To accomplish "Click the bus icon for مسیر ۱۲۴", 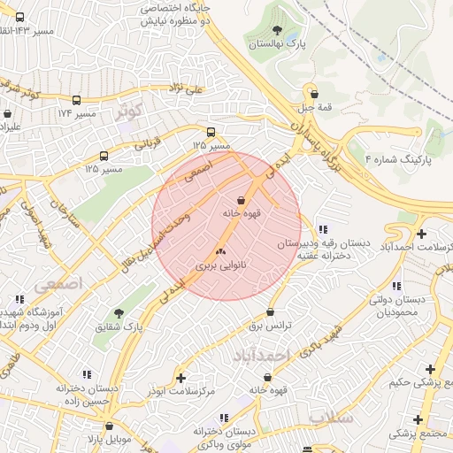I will pos(77,101).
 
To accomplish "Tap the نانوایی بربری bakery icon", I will pos(220,252).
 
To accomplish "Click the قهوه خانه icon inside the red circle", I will pos(242,200).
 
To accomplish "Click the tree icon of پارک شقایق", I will pos(119,313).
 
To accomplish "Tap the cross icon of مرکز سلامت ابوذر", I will pos(181,379).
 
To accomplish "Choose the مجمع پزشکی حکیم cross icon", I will pos(430,369).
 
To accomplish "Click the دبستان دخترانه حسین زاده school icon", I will pos(86,375).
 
